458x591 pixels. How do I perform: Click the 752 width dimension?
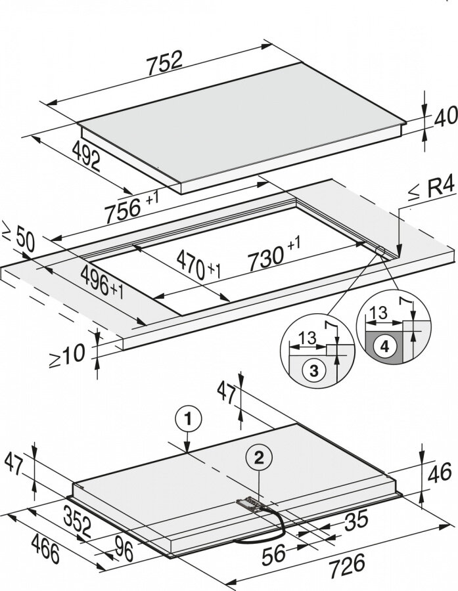[x=165, y=62]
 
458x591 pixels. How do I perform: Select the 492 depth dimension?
[x=86, y=156]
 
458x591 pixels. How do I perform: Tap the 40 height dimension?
[x=446, y=118]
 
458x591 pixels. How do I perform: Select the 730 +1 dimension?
[x=274, y=253]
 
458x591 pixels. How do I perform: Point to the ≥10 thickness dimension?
[x=67, y=355]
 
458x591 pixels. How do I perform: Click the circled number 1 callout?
[x=188, y=419]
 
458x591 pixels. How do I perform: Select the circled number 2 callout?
[x=259, y=458]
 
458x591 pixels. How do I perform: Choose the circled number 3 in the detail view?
[x=314, y=371]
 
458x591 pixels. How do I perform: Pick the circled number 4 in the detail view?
[x=384, y=346]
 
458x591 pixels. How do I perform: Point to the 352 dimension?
[x=78, y=522]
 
